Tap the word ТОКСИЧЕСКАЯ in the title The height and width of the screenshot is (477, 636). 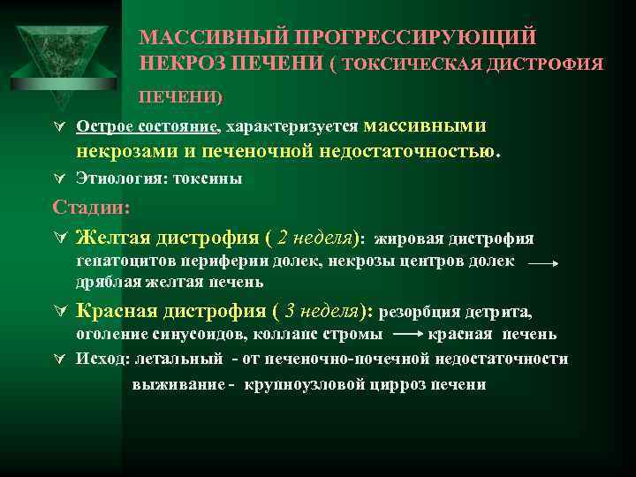405,64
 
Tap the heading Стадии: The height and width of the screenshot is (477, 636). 91,208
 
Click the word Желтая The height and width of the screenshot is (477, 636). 116,237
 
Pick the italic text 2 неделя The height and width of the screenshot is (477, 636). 314,237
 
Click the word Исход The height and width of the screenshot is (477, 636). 100,359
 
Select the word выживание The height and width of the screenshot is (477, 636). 176,385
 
